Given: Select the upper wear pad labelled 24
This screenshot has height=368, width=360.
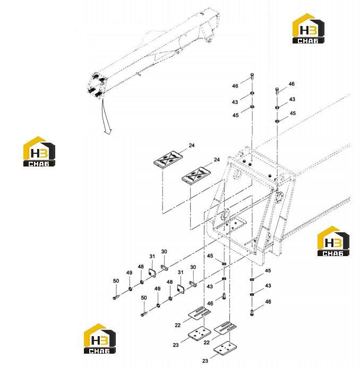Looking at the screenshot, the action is click(x=168, y=160).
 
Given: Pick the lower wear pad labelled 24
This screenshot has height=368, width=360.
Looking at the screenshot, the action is click(x=196, y=176).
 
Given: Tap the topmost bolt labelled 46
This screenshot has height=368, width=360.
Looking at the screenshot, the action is click(x=252, y=76).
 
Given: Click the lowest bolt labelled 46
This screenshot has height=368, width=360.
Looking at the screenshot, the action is click(x=252, y=313).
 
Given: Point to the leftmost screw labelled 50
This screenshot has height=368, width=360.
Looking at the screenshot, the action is click(x=116, y=297).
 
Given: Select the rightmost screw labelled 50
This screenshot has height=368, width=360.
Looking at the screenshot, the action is click(x=144, y=313).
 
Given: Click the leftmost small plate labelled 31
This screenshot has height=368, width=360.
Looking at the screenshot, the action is click(x=152, y=272).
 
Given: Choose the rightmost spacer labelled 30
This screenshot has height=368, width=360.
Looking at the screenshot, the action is click(x=193, y=284).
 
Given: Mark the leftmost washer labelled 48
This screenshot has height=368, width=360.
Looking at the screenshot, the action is click(x=142, y=282).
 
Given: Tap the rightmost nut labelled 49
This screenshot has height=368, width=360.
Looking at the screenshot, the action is click(x=158, y=305).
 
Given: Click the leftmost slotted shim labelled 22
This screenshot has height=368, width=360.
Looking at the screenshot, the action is click(x=199, y=313).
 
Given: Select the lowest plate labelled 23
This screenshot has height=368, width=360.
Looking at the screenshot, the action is click(x=225, y=348).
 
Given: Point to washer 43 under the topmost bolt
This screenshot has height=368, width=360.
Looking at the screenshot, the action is click(x=252, y=93).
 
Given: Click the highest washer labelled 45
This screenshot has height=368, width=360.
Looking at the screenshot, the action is click(x=252, y=107).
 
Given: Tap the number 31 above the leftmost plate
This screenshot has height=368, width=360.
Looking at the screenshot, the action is click(x=152, y=256).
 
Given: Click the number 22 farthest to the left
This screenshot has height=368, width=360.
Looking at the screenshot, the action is click(x=178, y=325).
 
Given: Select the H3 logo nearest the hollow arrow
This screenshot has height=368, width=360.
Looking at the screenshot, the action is click(x=39, y=152).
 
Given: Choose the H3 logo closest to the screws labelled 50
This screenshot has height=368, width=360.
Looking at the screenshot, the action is click(x=100, y=338).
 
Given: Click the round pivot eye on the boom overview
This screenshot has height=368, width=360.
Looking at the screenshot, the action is click(x=209, y=40).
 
